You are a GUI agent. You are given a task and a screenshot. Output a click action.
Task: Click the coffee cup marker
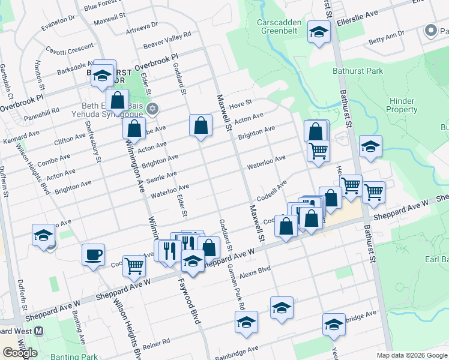(x=94, y=254)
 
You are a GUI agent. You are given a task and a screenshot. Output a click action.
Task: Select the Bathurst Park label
(x=358, y=71)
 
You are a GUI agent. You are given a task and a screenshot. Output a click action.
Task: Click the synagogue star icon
(x=152, y=108)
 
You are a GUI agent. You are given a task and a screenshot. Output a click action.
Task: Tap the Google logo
(x=20, y=352)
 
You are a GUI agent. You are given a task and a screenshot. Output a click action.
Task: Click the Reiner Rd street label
(x=157, y=343)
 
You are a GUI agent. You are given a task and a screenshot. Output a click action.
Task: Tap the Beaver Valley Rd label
(x=167, y=41)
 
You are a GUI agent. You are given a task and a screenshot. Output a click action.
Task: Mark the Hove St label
(x=244, y=105)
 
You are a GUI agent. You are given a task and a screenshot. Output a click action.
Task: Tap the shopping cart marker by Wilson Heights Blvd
(x=134, y=265)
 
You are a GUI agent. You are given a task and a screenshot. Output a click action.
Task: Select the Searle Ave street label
(x=163, y=176)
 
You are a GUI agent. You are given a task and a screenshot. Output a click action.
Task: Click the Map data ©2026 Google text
(x=411, y=355)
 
